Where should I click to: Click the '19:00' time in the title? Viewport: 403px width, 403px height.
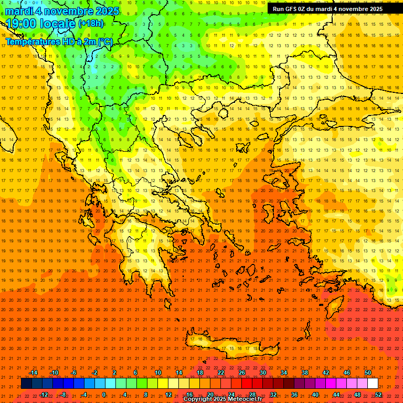click(23, 24)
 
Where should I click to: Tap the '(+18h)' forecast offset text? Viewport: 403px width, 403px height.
click(91, 24)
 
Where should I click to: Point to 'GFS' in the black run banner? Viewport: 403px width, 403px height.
click(293, 9)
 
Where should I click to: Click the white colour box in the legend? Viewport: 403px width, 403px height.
click(373, 384)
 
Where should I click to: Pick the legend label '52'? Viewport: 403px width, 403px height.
click(378, 394)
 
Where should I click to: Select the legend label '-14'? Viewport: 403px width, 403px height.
click(33, 373)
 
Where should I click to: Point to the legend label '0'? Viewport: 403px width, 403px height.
click(104, 394)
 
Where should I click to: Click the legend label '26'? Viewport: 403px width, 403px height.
click(241, 373)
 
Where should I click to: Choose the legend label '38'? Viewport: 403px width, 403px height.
click(304, 373)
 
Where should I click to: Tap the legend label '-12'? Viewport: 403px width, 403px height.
click(44, 394)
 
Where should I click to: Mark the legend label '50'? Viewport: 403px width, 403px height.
click(368, 373)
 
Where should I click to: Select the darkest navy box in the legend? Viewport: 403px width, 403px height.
click(26, 384)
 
